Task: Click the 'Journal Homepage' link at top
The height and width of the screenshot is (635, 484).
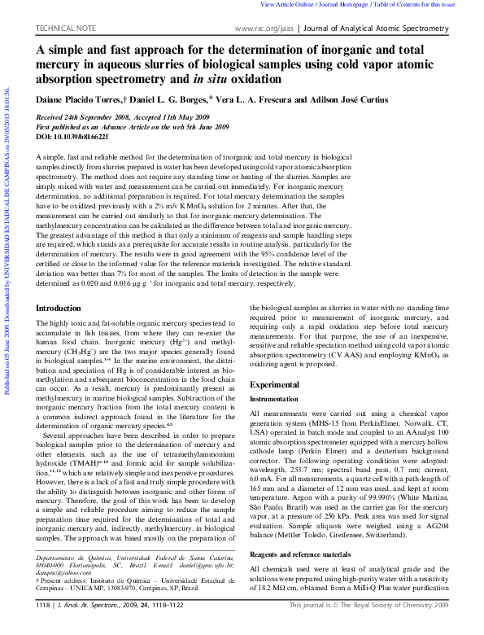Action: (355, 5)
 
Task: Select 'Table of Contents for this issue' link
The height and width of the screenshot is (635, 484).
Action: (431, 5)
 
